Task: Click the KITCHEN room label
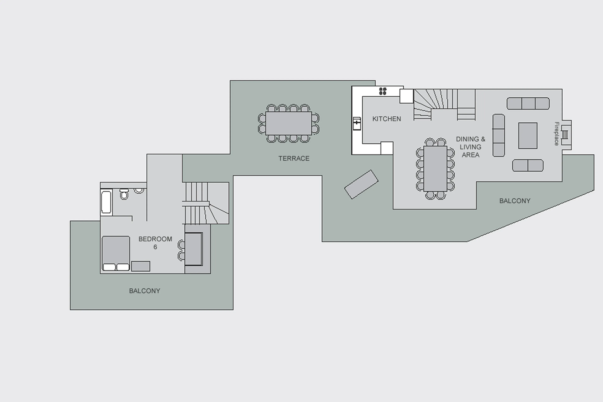pos(386,119)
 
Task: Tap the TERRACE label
pos(294,159)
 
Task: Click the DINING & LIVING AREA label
pos(470,147)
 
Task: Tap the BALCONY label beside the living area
pos(515,201)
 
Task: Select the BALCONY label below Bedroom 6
pos(144,291)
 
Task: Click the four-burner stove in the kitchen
pos(383,91)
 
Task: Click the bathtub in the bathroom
pos(106,202)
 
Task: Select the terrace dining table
pos(289,123)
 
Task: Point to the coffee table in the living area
pos(528,135)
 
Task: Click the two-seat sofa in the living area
pos(528,165)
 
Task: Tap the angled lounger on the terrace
pos(361,184)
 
